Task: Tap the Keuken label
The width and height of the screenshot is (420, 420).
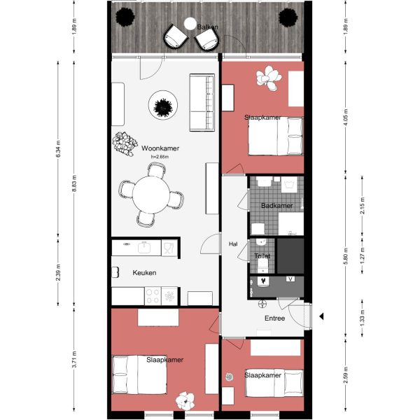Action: [x=144, y=273]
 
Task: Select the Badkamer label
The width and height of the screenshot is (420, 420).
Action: [x=276, y=206]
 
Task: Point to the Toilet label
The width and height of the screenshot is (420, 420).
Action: [x=262, y=256]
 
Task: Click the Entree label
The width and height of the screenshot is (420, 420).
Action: [x=274, y=318]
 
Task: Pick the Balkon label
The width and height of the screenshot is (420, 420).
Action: [x=207, y=27]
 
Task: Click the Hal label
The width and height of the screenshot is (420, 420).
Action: [x=233, y=244]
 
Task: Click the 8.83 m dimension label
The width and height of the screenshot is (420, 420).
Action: [x=75, y=182]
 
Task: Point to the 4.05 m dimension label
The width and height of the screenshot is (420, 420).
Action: [x=345, y=115]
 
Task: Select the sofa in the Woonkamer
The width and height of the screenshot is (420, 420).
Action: [x=202, y=102]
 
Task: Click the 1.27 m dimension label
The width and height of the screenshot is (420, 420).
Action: [x=362, y=256]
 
